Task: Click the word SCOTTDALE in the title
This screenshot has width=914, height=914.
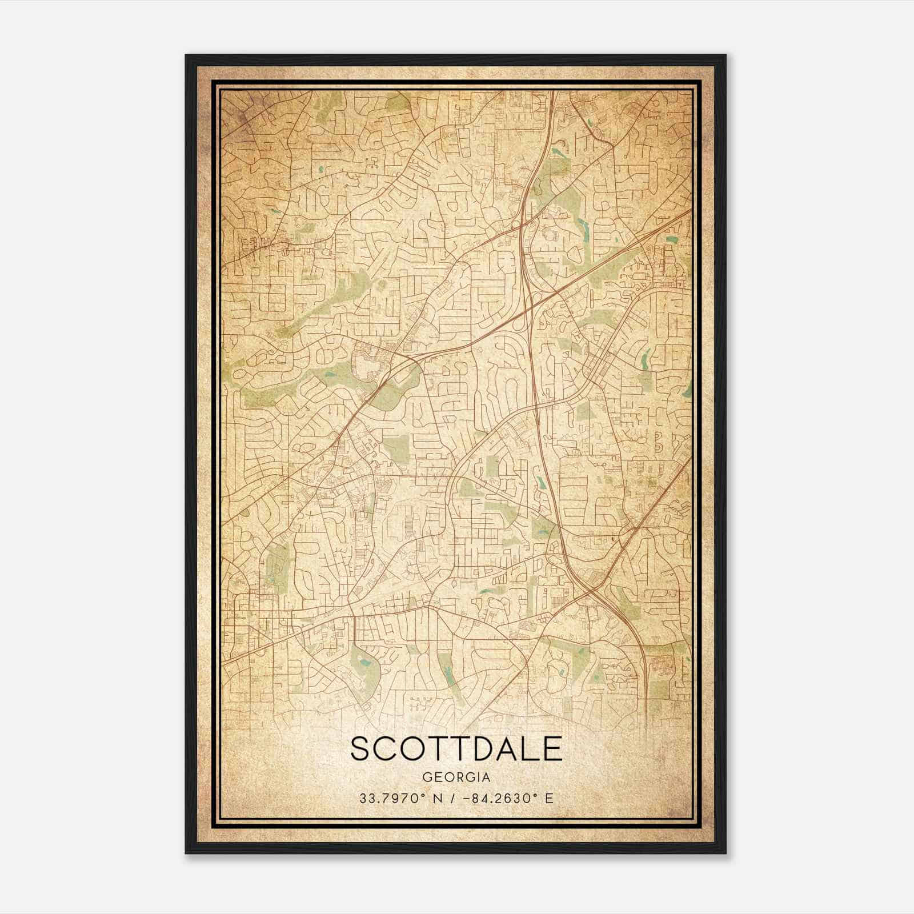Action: pyautogui.click(x=456, y=749)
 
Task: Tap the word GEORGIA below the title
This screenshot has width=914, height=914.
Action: pyautogui.click(x=456, y=777)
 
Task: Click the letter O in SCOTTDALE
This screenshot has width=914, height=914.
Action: pyautogui.click(x=412, y=749)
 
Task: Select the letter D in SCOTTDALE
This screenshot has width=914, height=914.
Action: pyautogui.click(x=483, y=749)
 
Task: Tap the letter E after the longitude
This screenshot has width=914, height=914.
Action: pyautogui.click(x=550, y=798)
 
